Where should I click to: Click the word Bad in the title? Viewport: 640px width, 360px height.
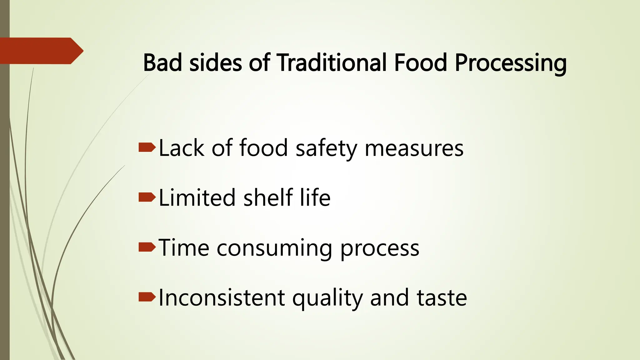pyautogui.click(x=162, y=62)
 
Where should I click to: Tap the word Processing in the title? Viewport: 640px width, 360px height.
pyautogui.click(x=511, y=63)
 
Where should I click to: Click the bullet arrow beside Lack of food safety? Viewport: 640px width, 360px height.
pyautogui.click(x=147, y=147)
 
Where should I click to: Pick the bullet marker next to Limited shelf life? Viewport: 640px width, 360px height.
pyautogui.click(x=147, y=197)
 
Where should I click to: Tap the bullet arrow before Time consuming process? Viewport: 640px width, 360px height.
pyautogui.click(x=147, y=247)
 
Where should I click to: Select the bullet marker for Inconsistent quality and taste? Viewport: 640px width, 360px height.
pyautogui.click(x=147, y=297)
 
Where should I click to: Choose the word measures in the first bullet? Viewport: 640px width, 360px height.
pyautogui.click(x=414, y=148)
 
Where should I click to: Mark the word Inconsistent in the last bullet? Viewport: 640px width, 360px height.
pyautogui.click(x=222, y=298)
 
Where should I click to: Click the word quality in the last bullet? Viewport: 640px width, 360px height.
pyautogui.click(x=327, y=298)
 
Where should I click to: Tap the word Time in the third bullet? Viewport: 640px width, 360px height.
pyautogui.click(x=184, y=248)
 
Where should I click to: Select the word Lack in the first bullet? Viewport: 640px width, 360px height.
pyautogui.click(x=182, y=148)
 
